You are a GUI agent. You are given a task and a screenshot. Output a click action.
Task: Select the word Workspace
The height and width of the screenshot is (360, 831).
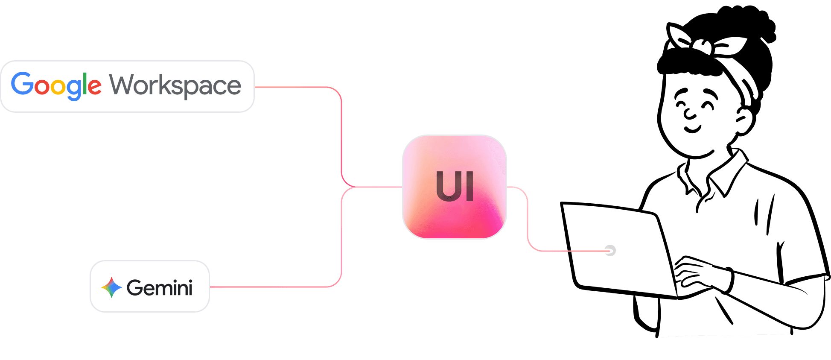coord(175,85)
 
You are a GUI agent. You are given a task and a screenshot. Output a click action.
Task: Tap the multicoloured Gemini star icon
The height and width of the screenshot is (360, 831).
coord(111,287)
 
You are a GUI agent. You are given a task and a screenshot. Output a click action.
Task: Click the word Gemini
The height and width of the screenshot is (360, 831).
coord(160,288)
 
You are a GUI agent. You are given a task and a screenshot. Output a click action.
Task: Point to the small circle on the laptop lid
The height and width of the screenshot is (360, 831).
coord(610,251)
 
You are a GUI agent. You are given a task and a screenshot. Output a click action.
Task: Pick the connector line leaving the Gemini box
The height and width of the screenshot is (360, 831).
coord(277,287)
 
